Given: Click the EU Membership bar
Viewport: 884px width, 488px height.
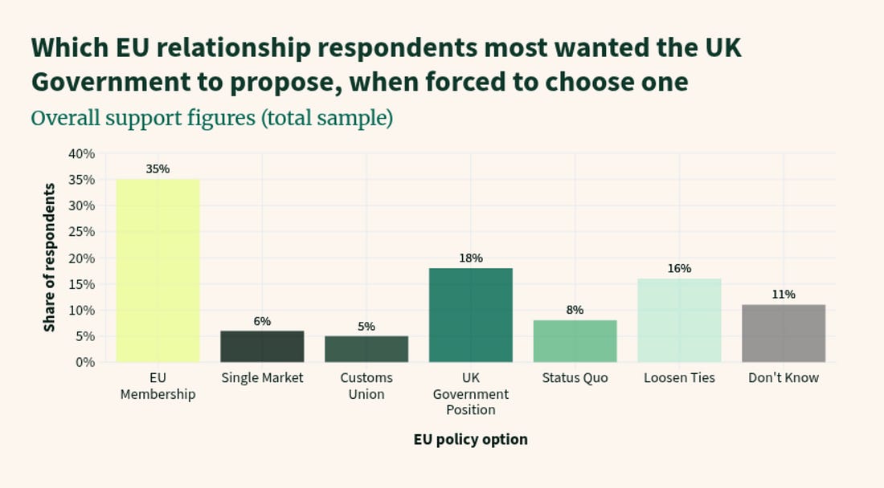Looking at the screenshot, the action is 158,270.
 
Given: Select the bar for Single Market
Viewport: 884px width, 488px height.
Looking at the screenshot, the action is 262,346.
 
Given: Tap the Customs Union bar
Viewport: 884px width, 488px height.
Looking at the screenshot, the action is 366,349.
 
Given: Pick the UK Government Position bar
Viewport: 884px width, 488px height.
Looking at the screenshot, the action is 471,315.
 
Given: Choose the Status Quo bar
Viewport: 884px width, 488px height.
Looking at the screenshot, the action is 575,341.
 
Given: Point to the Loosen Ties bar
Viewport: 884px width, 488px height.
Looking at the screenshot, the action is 679,320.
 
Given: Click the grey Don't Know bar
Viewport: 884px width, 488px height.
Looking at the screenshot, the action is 784,333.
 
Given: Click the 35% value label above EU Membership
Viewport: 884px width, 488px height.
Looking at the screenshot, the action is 158,169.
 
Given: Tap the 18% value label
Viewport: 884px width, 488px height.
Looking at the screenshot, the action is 471,258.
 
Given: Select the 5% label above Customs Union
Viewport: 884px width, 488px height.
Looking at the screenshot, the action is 366,327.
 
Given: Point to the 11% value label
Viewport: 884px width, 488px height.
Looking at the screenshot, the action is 784,295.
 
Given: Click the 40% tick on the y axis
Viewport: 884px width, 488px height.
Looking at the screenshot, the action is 82,153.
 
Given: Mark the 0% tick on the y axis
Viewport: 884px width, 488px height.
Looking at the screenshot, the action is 85,362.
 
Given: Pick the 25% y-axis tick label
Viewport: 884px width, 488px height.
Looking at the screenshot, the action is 82,232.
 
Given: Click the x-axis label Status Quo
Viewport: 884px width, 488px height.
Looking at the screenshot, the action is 575,378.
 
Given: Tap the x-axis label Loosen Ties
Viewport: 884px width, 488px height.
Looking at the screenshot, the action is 679,378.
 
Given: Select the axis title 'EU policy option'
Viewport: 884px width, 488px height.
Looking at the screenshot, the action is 471,440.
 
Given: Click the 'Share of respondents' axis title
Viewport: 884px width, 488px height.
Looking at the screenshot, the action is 50,257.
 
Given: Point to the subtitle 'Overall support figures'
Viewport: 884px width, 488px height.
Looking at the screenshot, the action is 143,119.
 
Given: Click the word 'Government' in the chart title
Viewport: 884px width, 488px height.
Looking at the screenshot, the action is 111,82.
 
